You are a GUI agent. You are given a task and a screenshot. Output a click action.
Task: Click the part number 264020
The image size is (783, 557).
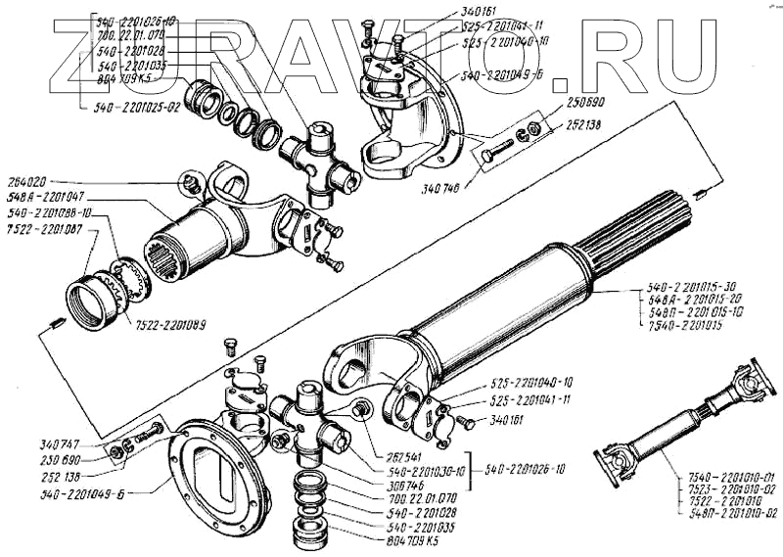[x=30, y=182]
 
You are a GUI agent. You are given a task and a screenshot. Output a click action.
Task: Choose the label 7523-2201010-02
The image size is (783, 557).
[x=725, y=487]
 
